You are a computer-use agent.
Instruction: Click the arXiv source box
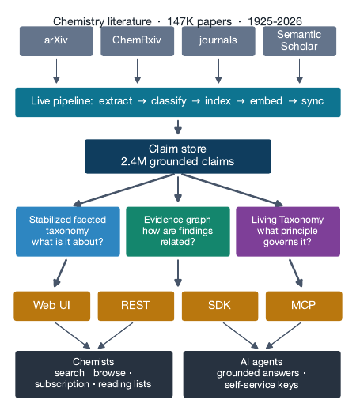coord(56,41)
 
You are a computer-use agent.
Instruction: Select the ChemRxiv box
coord(137,41)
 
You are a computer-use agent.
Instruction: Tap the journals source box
coord(218,41)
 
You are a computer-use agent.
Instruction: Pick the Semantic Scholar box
coord(299,41)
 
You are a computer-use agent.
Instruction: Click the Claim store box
coord(178,156)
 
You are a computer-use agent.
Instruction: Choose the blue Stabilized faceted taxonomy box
coord(68,232)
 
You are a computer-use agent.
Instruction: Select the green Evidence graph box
coord(178,232)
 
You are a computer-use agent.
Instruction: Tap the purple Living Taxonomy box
coord(288,232)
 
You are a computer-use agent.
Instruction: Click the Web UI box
coord(51,306)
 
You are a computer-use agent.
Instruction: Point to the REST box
coord(136,306)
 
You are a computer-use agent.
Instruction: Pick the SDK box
coord(220,306)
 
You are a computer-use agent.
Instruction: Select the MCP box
coord(304,306)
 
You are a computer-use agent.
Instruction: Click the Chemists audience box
coord(94,374)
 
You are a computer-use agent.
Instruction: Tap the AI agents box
coord(262,374)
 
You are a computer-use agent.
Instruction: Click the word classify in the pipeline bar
coord(169,101)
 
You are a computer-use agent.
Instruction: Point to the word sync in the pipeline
coord(313,101)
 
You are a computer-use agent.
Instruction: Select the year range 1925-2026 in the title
coord(275,21)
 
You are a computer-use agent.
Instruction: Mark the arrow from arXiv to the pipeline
coord(56,71)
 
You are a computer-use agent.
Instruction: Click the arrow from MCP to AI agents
coord(283,336)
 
